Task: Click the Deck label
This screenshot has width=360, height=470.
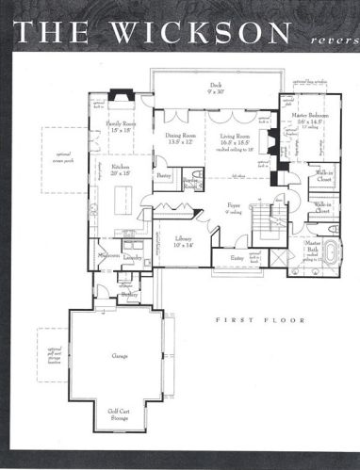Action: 215,87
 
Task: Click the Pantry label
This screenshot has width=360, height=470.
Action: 164,176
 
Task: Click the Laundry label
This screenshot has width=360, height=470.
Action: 132,256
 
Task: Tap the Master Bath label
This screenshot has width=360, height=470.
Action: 312,246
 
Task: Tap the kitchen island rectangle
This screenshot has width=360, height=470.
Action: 121,201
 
